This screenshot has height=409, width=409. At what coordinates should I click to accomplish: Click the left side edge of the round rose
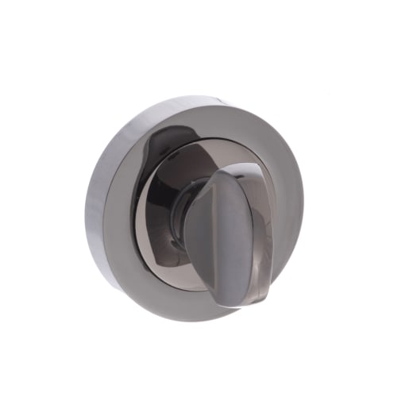click(x=90, y=210)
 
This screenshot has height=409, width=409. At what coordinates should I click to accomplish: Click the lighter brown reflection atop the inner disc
click(x=203, y=155)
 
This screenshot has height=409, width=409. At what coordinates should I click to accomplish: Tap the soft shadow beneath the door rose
click(x=199, y=327)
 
